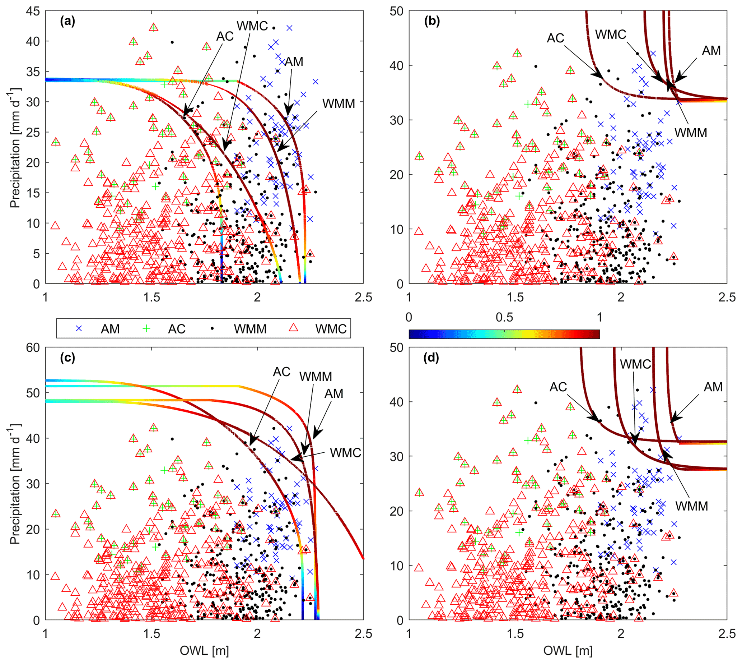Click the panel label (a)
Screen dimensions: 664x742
[67, 22]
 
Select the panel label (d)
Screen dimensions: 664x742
[431, 358]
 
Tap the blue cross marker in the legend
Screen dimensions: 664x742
[79, 329]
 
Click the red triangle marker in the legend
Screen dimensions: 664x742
[293, 328]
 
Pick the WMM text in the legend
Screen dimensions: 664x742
[250, 329]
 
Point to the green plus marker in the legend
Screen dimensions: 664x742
[146, 329]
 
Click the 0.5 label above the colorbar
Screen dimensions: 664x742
[504, 317]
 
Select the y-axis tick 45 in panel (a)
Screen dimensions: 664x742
[33, 11]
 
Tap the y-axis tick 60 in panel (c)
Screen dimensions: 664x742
[33, 348]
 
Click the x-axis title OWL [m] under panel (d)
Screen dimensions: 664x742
[568, 650]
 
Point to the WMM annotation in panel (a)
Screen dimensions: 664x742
[339, 104]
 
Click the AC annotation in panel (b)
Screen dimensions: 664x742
[555, 38]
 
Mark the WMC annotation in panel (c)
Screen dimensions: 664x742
[345, 453]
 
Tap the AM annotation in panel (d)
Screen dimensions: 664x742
[713, 387]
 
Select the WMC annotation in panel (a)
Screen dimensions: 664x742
[252, 26]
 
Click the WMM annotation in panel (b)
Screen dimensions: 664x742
[691, 133]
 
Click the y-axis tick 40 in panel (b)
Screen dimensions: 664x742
[397, 66]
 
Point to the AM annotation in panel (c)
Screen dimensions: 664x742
[334, 394]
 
